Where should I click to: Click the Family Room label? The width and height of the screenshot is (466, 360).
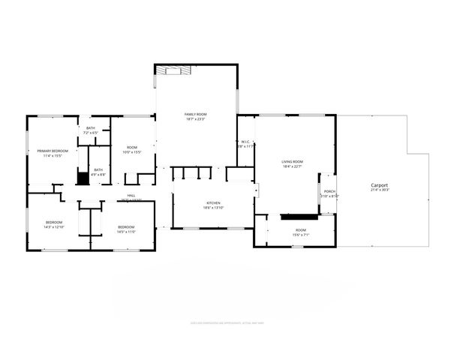(195, 114)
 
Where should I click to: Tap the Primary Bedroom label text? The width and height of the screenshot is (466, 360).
(53, 151)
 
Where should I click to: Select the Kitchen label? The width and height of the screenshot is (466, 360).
(213, 203)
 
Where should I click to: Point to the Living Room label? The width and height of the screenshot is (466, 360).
(292, 162)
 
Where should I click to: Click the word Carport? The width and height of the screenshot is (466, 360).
(380, 184)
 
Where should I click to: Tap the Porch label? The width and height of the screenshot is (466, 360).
(330, 191)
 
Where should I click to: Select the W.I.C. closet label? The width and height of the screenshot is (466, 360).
(245, 142)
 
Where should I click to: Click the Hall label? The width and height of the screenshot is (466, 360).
(131, 196)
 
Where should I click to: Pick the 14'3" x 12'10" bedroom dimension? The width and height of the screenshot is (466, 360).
(54, 227)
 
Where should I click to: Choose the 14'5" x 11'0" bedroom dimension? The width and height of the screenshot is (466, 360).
(125, 232)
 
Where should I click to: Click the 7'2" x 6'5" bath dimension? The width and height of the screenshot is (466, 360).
(91, 133)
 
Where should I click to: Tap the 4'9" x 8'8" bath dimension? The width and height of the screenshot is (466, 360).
(98, 175)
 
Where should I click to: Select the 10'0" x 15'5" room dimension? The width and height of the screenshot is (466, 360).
(132, 152)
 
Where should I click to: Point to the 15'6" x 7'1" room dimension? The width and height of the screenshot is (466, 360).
(300, 235)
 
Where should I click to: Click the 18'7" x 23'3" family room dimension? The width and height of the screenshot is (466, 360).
(195, 119)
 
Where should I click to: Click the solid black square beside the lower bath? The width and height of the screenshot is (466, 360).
(83, 178)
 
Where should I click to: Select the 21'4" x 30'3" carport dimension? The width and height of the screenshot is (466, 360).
(380, 190)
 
